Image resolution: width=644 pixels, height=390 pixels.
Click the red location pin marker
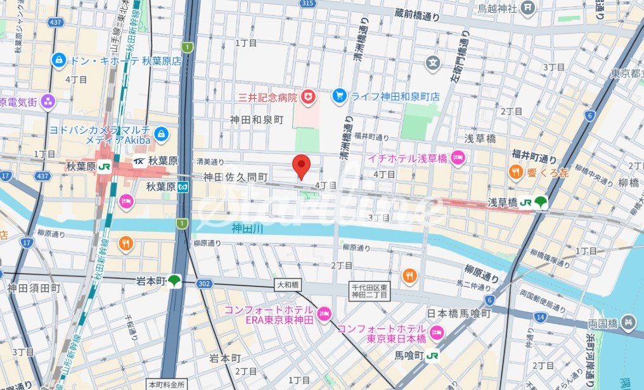tap(302, 166)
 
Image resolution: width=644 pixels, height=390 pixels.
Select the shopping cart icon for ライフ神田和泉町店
tap(340, 96)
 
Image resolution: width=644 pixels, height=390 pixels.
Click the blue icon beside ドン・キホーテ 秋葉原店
tap(59, 61)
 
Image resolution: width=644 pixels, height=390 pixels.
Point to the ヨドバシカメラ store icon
tap(161, 134)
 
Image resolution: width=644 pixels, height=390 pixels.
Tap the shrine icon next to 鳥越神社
tap(529, 8)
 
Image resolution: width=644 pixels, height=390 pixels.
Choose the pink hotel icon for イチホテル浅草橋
tap(461, 158)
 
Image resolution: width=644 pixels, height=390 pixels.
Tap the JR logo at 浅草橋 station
tap(525, 203)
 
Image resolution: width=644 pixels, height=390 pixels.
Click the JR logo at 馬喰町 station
tap(433, 355)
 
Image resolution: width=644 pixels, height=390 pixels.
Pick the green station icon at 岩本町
tap(175, 280)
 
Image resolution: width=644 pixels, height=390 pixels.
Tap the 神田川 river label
tap(247, 228)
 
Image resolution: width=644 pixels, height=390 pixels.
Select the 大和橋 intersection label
tap(287, 286)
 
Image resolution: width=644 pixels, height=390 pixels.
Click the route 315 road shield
tap(307, 4)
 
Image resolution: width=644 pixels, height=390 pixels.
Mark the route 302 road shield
tap(203, 284)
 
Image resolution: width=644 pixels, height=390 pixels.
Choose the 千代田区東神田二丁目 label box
tap(372, 291)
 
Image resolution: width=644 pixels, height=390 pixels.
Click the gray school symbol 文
tap(434, 63)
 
